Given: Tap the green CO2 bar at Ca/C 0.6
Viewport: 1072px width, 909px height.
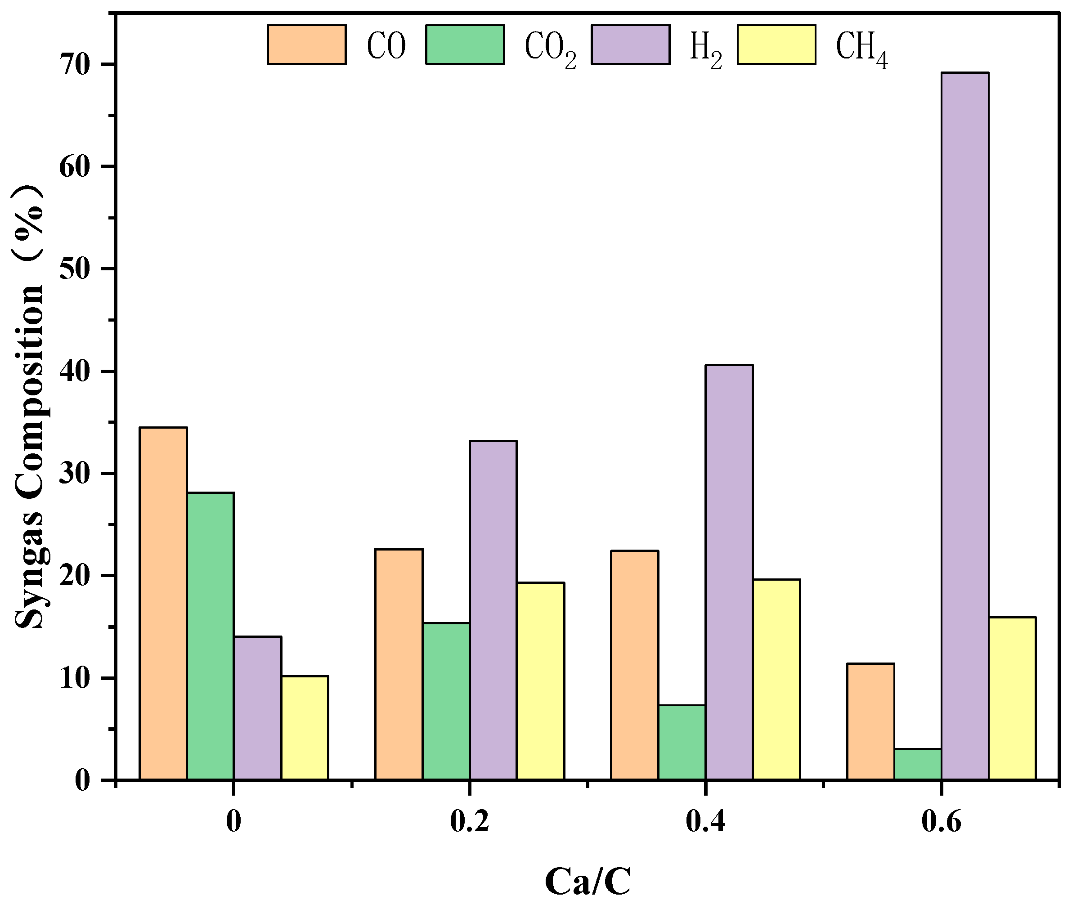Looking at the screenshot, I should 917,765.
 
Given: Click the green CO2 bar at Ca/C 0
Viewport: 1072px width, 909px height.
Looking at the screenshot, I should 210,636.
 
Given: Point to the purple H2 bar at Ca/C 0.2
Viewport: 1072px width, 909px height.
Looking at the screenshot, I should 493,611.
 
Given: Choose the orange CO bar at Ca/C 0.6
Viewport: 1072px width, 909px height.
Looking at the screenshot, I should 870,722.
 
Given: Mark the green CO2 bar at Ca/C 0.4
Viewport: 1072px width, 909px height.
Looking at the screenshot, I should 682,743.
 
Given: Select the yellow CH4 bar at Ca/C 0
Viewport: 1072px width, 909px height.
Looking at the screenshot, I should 305,728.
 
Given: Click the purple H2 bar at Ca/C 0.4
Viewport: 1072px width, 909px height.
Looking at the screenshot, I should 729,573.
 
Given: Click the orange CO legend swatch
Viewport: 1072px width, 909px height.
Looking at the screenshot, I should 306,45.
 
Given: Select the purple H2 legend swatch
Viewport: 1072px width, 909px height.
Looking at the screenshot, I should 630,45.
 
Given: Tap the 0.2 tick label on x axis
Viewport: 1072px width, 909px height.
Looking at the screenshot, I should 469,821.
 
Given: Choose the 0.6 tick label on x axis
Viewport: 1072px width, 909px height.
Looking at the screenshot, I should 941,821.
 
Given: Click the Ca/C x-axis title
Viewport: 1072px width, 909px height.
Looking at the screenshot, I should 588,882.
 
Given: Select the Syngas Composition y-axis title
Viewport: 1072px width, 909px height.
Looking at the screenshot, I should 30,407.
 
